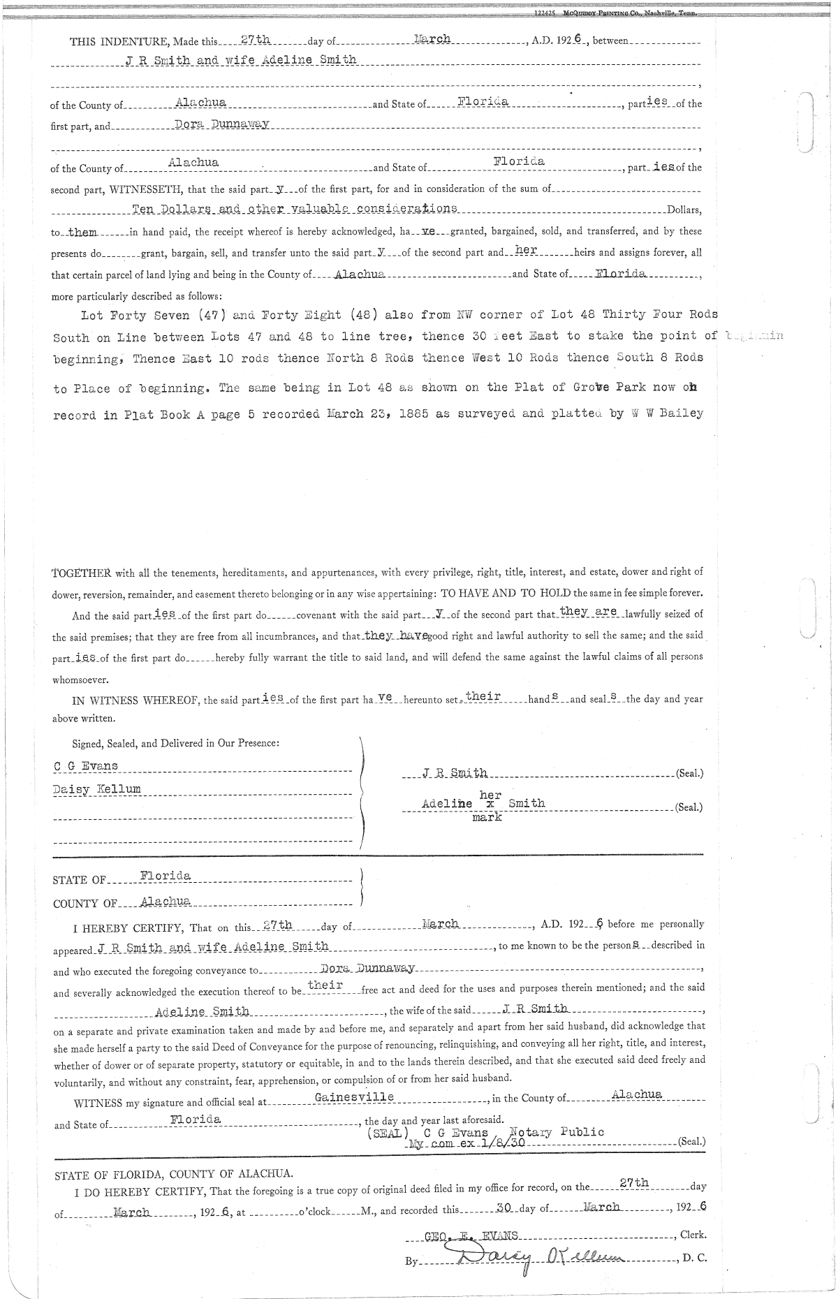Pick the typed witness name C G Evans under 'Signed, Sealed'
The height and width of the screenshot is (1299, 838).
pyautogui.click(x=86, y=766)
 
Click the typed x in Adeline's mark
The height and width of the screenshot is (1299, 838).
pyautogui.click(x=489, y=804)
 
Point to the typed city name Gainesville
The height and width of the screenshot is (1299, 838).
pyautogui.click(x=355, y=1097)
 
